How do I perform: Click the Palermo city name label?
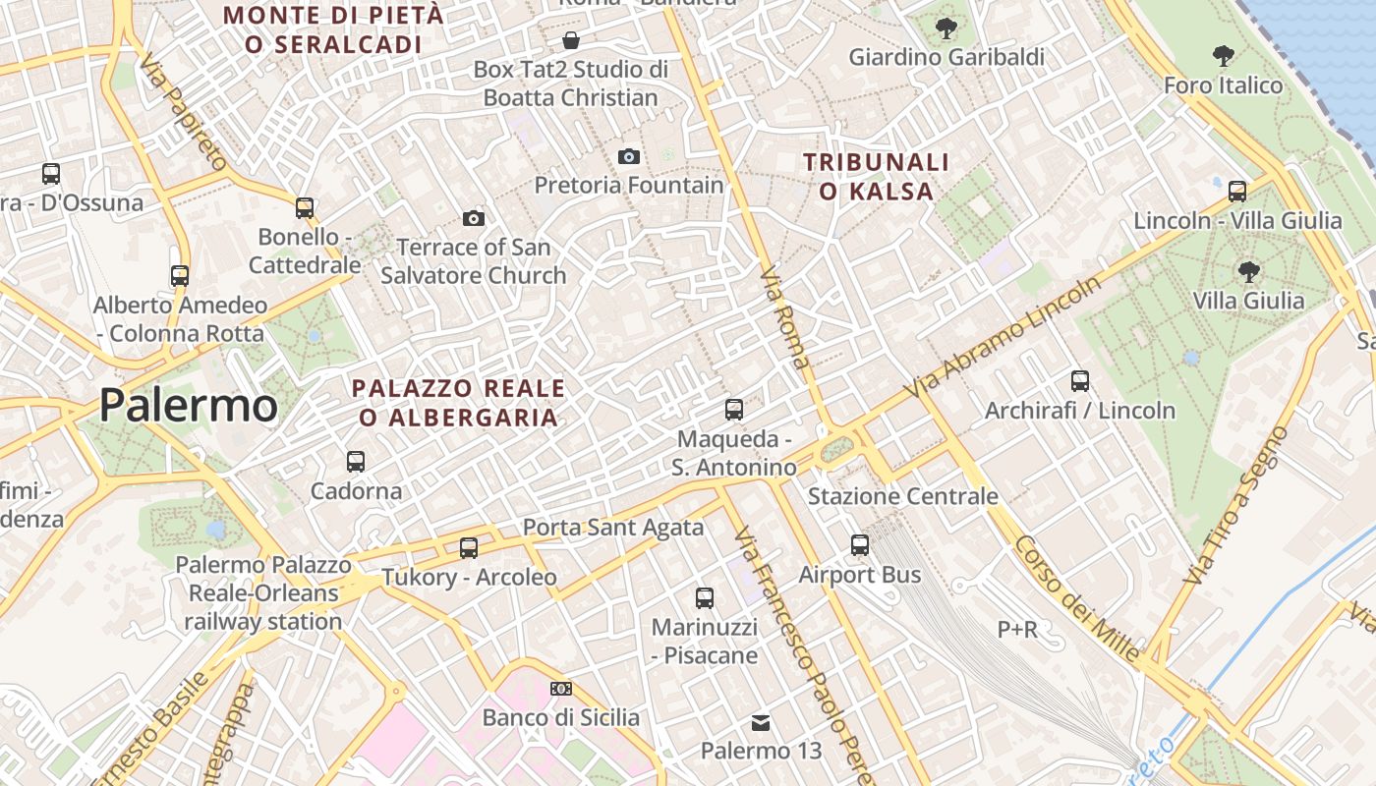click(189, 406)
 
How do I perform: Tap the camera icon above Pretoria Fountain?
click(629, 156)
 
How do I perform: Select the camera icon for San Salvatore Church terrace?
click(474, 218)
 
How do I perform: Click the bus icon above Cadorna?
click(356, 461)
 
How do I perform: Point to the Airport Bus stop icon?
click(860, 544)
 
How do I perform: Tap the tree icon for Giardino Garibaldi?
click(946, 28)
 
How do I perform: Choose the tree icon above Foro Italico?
click(1224, 55)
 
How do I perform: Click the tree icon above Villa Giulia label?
click(1249, 271)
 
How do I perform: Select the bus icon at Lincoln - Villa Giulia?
click(1237, 191)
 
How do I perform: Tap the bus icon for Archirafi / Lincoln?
click(1080, 380)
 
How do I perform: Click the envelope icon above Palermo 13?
click(761, 723)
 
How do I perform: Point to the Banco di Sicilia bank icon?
click(561, 689)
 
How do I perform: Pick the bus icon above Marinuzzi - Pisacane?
click(705, 597)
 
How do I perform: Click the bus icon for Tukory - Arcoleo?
click(469, 547)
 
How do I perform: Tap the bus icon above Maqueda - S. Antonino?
click(734, 409)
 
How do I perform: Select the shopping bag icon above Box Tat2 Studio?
click(570, 40)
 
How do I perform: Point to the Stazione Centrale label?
click(902, 496)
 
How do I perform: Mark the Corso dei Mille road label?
click(1077, 598)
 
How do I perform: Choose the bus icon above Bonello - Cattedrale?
click(305, 207)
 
